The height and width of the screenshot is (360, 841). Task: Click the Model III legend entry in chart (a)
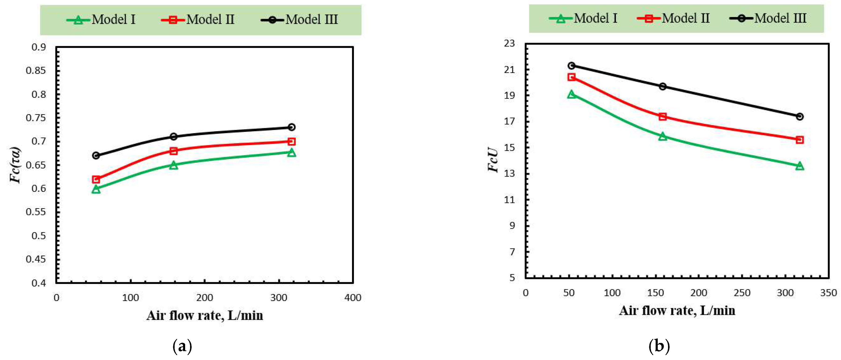[299, 20]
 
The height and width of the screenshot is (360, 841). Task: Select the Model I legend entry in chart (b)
[583, 18]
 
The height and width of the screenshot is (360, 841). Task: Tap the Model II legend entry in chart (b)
[673, 18]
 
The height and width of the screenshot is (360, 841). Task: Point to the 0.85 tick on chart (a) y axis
[36, 70]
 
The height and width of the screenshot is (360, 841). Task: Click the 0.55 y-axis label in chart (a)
[36, 212]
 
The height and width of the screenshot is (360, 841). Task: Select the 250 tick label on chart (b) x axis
[742, 293]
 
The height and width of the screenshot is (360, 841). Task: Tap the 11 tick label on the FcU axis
[509, 200]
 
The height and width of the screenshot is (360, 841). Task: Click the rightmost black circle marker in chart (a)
[292, 127]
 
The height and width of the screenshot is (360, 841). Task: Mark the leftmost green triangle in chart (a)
[96, 189]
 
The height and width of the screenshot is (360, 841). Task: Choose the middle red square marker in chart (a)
[174, 151]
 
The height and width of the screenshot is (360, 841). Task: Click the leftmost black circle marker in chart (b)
[572, 65]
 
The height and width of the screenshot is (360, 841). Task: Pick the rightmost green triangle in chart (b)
[800, 166]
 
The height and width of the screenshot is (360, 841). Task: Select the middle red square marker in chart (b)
[663, 116]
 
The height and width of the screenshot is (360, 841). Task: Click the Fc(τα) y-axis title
[15, 165]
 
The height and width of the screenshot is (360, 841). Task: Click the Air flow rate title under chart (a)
[205, 316]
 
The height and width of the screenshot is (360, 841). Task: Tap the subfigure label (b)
[659, 346]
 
